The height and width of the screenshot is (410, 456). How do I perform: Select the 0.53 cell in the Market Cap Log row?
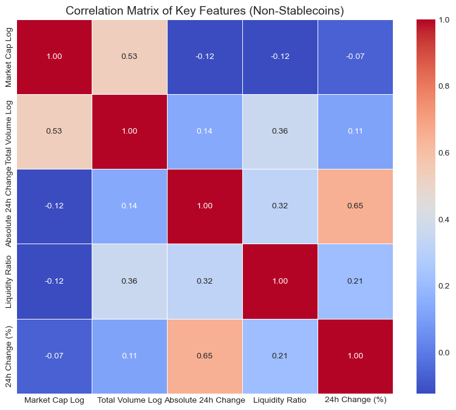129,56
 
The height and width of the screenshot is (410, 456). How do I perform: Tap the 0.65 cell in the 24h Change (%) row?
205,356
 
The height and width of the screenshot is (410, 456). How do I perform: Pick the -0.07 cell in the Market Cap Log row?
355,56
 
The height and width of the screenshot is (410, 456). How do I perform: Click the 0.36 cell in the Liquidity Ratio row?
129,281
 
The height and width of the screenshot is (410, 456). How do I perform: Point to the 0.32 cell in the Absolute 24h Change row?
280,206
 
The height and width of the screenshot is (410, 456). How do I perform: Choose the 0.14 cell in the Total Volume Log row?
205,131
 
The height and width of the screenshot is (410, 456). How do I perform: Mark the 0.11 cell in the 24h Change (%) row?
129,356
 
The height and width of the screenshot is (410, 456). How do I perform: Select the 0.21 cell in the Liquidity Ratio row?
355,281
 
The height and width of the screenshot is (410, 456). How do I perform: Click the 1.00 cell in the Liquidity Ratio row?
280,281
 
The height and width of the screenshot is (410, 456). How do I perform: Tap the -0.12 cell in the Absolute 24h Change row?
54,206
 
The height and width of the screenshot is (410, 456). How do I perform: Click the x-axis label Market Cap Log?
54,401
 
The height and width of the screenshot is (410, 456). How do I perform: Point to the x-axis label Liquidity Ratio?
280,401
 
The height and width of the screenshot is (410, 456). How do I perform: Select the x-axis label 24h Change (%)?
355,401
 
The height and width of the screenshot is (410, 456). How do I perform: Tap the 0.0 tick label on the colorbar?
444,352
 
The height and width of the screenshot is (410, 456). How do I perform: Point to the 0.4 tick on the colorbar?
444,219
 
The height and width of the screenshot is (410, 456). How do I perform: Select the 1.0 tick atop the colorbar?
444,20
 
